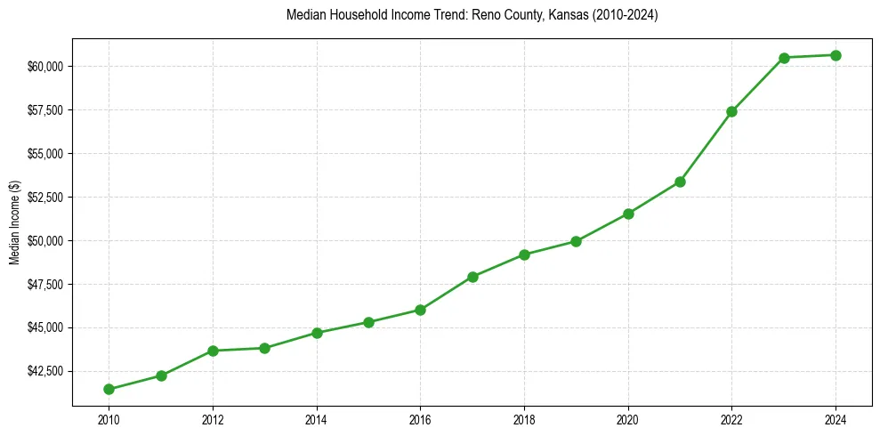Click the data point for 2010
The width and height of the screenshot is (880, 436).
[x=109, y=389]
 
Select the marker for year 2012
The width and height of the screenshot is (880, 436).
[x=213, y=351]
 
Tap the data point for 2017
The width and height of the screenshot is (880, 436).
[x=472, y=277]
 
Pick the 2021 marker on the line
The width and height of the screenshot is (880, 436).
[x=680, y=182]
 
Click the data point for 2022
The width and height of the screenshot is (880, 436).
[x=731, y=111]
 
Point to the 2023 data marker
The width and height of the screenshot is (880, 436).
[x=784, y=58]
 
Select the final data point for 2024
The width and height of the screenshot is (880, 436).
[x=836, y=55]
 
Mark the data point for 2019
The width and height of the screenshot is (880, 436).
[x=576, y=241]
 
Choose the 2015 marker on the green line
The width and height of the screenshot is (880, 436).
[x=368, y=322]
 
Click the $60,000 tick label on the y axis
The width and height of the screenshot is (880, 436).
[x=45, y=67]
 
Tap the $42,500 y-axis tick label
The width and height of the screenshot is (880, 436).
[x=45, y=371]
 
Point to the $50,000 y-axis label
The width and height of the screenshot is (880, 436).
[x=45, y=241]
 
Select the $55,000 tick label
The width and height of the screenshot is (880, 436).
[x=45, y=154]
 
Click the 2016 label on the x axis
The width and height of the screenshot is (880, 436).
[x=420, y=419]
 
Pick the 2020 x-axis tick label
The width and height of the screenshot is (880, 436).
[x=628, y=419]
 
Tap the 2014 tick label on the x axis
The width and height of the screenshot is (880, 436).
[x=317, y=419]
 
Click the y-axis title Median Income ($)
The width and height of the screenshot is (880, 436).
[x=14, y=222]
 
